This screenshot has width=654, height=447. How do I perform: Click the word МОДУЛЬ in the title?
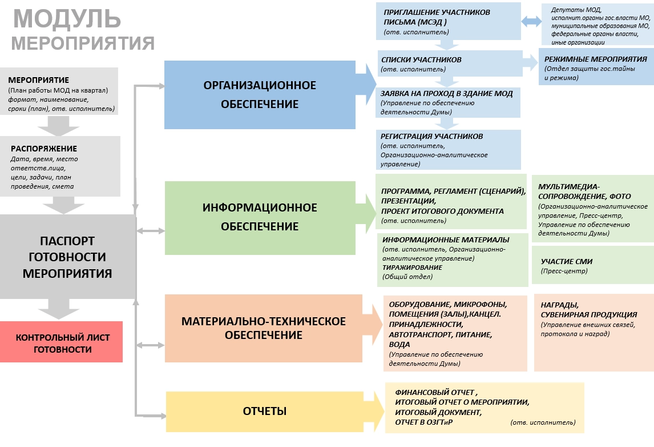click(67, 18)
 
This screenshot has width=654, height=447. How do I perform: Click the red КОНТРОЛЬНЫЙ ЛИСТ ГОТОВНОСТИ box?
click(61, 343)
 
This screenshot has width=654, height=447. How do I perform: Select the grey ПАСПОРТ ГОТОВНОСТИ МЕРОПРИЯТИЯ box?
click(67, 257)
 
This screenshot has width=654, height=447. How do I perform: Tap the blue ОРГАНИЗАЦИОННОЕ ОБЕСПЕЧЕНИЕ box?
click(260, 95)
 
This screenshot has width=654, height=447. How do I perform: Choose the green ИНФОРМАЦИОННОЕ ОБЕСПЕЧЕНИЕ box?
click(260, 217)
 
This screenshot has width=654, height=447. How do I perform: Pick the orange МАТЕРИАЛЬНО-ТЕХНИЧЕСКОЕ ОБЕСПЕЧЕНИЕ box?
click(263, 328)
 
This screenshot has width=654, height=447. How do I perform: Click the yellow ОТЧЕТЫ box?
click(265, 412)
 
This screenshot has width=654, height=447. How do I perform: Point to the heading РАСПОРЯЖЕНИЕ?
click(44, 149)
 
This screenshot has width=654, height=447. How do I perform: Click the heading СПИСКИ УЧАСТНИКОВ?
click(421, 59)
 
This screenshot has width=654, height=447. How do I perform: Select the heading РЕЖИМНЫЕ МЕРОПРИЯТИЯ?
click(595, 59)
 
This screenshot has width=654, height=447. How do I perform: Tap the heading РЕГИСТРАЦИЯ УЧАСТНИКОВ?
click(432, 137)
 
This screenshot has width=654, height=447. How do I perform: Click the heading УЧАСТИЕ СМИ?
click(567, 261)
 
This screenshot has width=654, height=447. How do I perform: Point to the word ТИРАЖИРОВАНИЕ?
click(412, 268)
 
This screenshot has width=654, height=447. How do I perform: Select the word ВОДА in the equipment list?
click(399, 345)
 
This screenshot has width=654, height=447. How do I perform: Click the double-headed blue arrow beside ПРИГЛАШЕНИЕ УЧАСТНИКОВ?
click(532, 22)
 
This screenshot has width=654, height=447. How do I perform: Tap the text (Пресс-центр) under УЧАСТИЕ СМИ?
click(564, 271)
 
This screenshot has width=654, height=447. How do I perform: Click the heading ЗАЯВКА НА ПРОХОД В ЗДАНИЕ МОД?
click(446, 93)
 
